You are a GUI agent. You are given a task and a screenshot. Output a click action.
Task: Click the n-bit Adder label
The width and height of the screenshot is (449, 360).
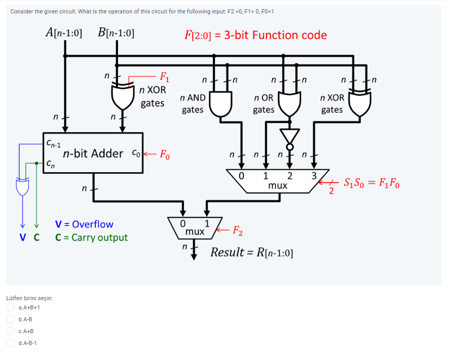[x=93, y=153]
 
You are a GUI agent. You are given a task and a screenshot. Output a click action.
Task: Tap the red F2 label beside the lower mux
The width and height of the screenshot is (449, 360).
[x=240, y=230]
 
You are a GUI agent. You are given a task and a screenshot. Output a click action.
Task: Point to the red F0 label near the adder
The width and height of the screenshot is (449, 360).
[x=163, y=154]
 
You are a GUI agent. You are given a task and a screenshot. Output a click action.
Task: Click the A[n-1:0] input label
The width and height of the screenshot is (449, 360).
[x=64, y=33]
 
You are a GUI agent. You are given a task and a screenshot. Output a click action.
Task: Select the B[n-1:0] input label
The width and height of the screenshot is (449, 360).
[x=116, y=33]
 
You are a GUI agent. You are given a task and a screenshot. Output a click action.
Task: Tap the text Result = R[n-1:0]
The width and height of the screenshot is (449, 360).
[x=252, y=253]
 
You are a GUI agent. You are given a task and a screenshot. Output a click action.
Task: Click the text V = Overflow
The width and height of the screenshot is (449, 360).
[x=84, y=224]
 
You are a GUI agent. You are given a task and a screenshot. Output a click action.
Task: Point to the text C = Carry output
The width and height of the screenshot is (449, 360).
[x=91, y=238]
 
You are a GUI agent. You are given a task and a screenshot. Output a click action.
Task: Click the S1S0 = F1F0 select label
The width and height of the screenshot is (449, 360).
[x=371, y=183]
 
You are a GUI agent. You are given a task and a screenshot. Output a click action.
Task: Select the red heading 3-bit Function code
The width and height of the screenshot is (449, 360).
[x=256, y=35]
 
